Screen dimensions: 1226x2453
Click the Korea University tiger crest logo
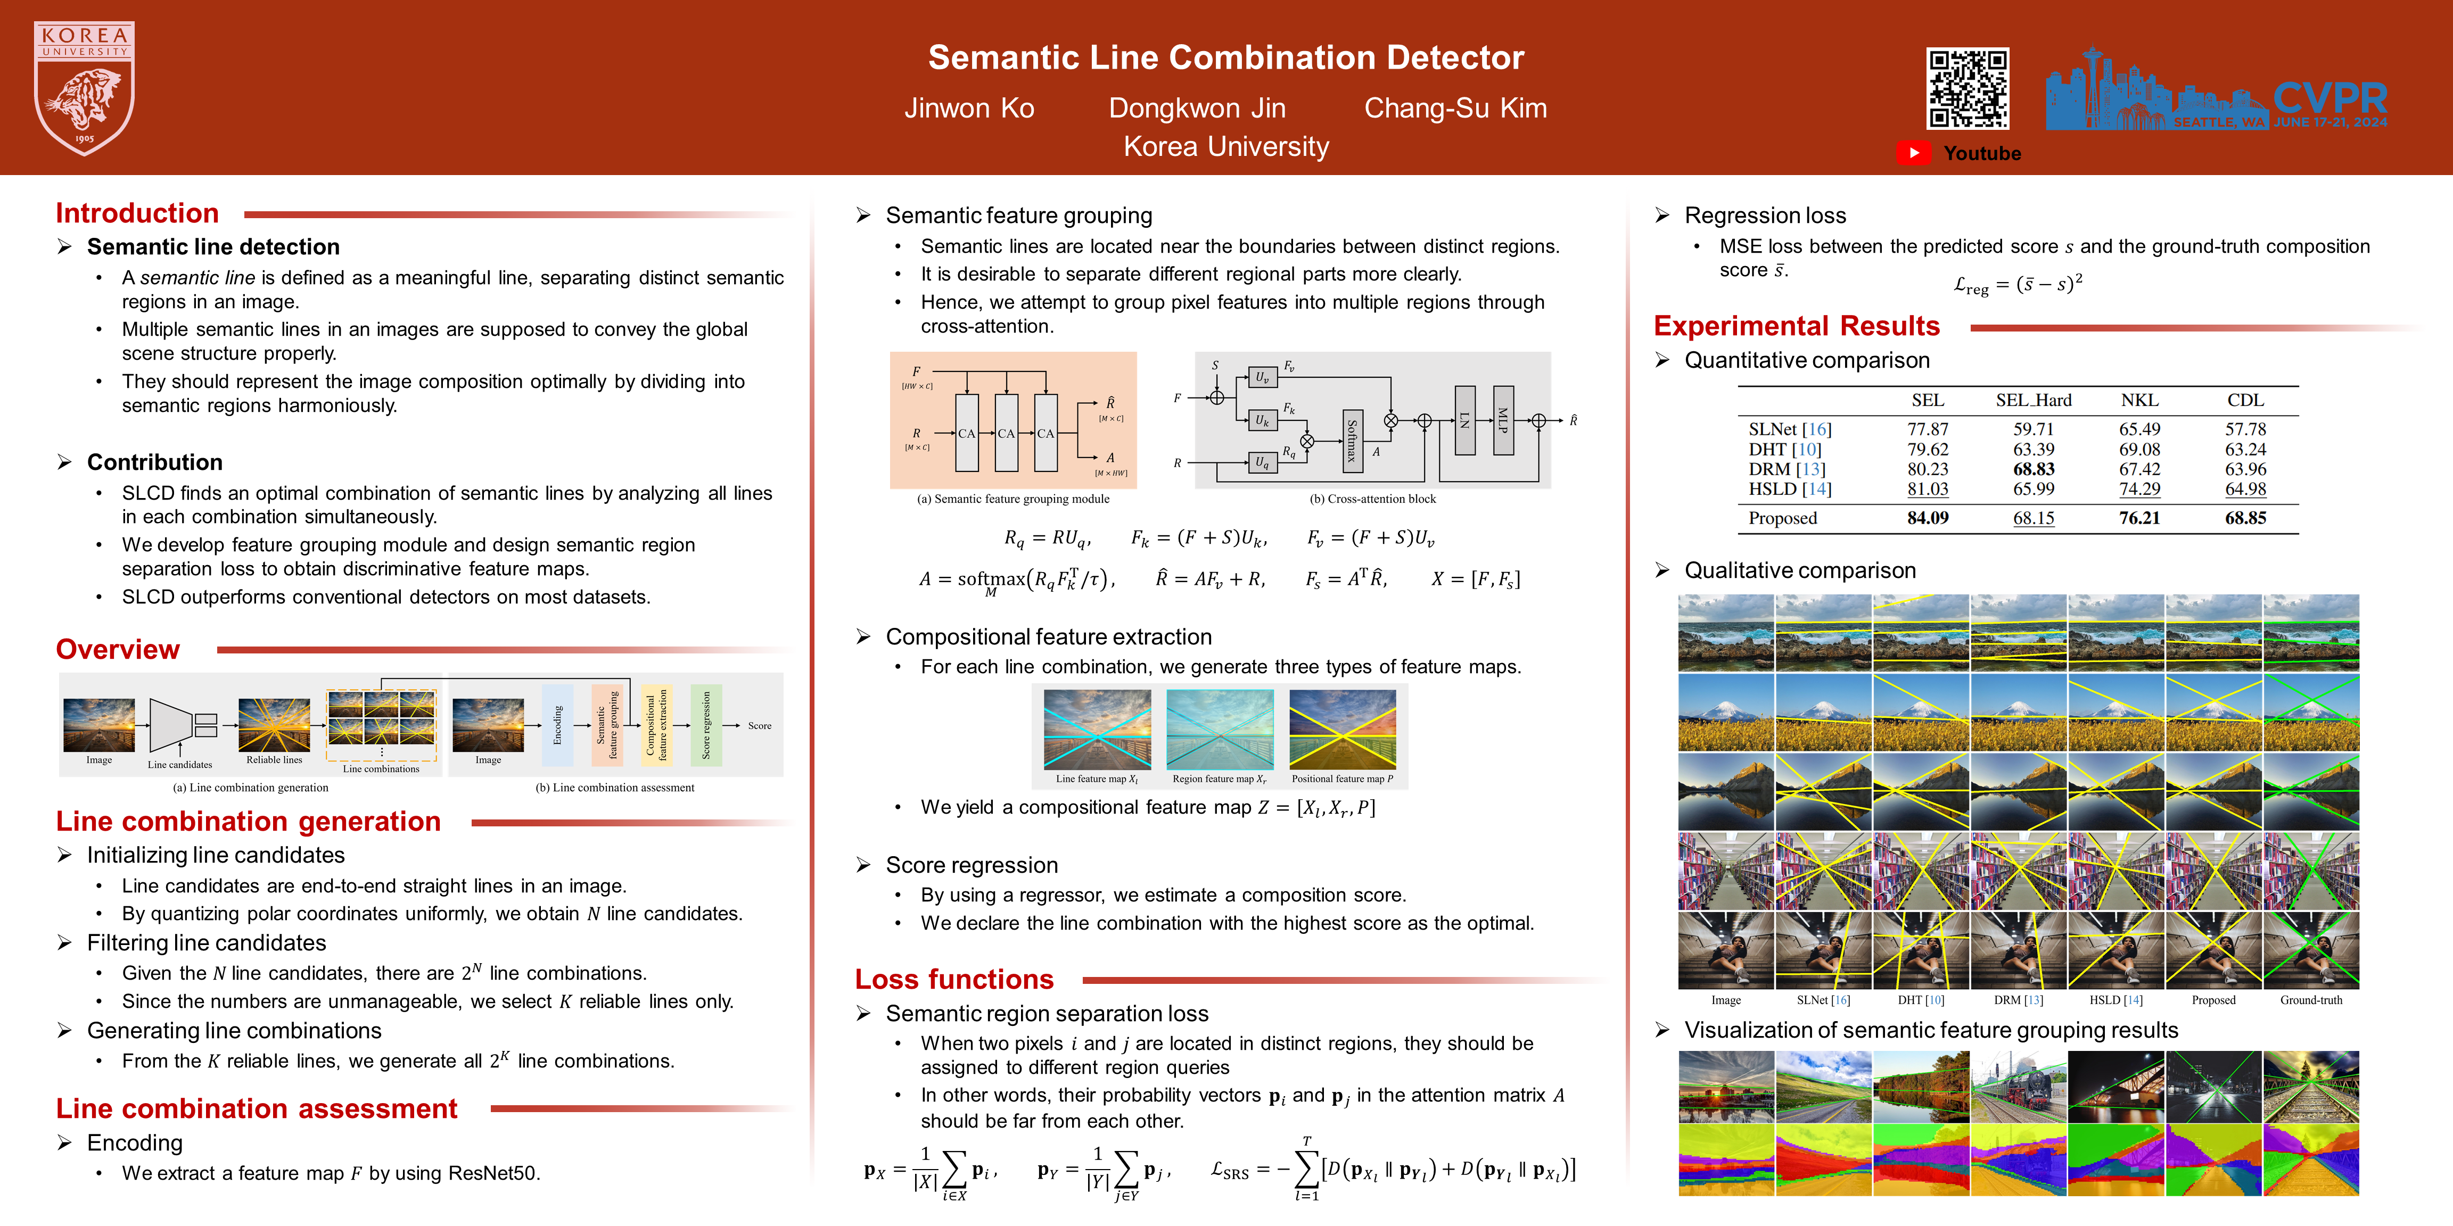pos(84,88)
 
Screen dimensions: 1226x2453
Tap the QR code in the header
pos(1968,88)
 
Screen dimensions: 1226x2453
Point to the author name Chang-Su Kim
pos(1455,109)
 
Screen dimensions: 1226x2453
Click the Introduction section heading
pos(137,213)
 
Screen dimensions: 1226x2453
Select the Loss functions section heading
pos(954,980)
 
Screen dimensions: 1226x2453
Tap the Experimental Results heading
pos(1796,327)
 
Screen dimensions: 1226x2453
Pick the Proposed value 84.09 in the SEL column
pos(1928,518)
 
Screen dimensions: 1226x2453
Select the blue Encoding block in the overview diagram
pos(558,725)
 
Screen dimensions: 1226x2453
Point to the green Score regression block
pos(706,725)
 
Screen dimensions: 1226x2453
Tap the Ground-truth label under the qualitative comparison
pos(2310,1000)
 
